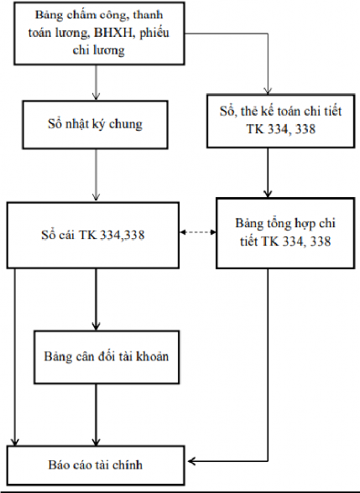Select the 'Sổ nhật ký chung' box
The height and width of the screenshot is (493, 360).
[95, 126]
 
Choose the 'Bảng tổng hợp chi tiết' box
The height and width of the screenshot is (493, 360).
[271, 233]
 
